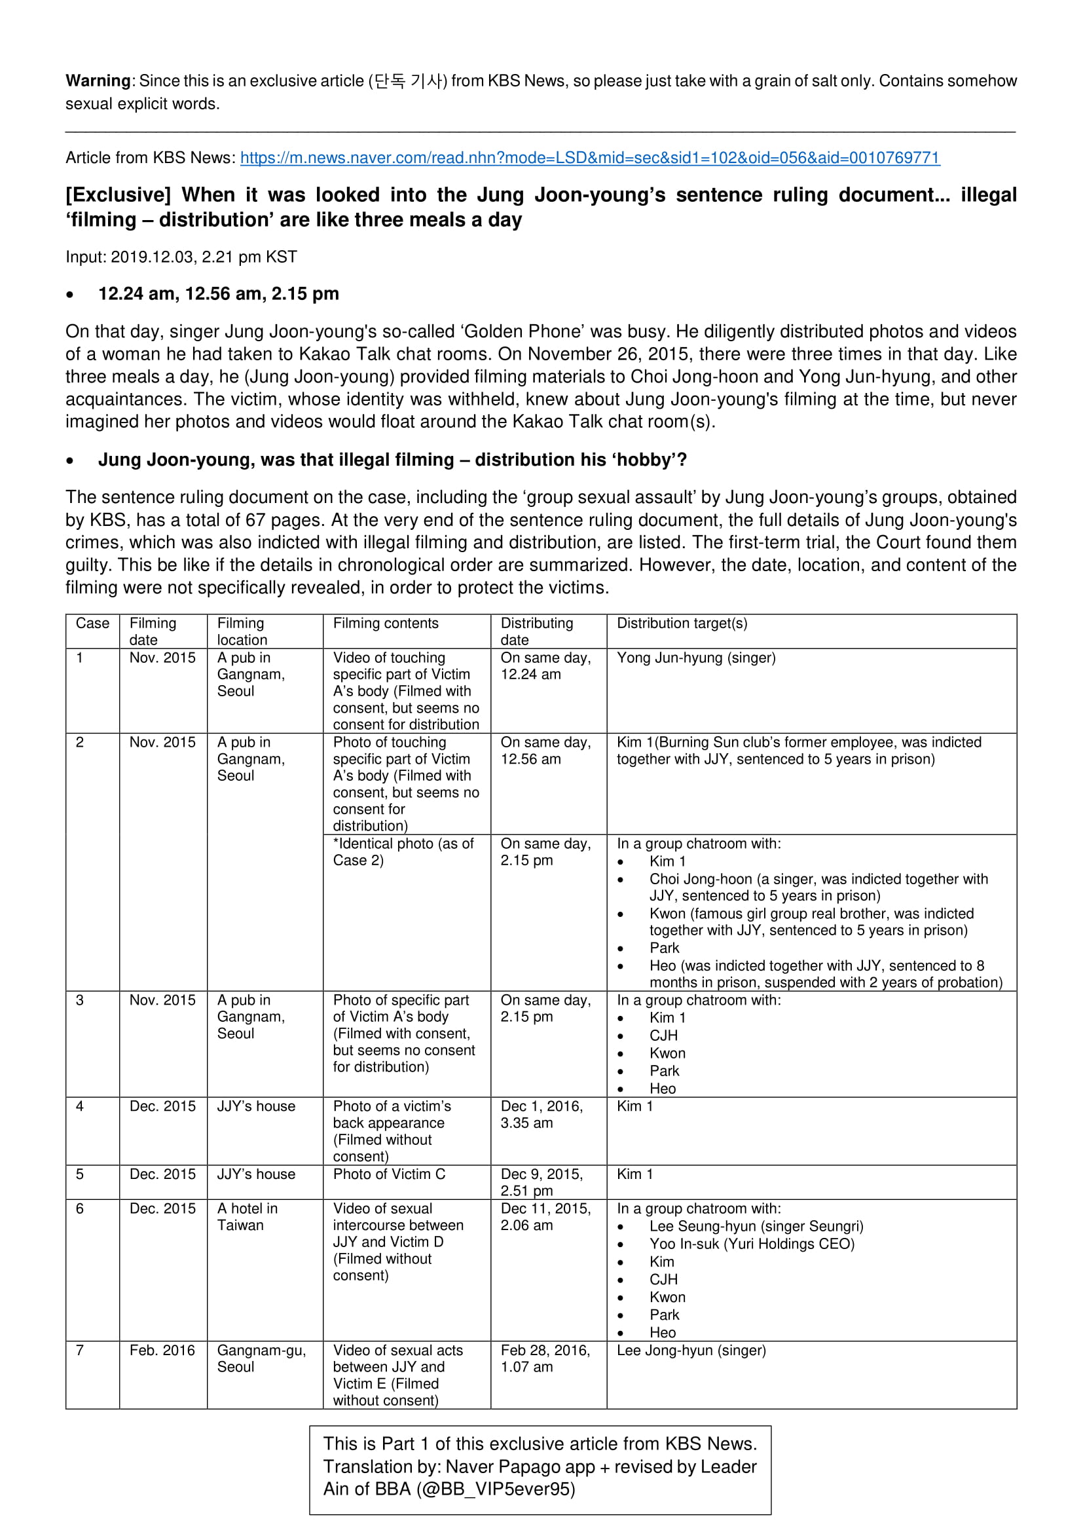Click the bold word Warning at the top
pos(98,81)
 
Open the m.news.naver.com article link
pos(589,158)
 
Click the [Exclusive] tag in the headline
pos(118,195)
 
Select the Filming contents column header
pos(386,623)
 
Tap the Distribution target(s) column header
pos(682,623)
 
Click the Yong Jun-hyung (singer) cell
pos(695,658)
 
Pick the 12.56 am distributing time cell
pos(545,751)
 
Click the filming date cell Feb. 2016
pos(162,1351)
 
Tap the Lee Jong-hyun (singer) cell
pos(691,1351)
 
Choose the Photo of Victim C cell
pos(389,1174)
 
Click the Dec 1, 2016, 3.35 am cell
pos(541,1114)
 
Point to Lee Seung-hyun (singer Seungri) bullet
pos(756,1226)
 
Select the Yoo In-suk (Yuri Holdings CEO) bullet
pos(752,1244)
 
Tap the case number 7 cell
pos(80,1351)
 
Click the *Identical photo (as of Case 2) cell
pos(403,852)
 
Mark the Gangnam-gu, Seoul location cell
pos(261,1358)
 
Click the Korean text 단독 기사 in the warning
pos(408,81)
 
